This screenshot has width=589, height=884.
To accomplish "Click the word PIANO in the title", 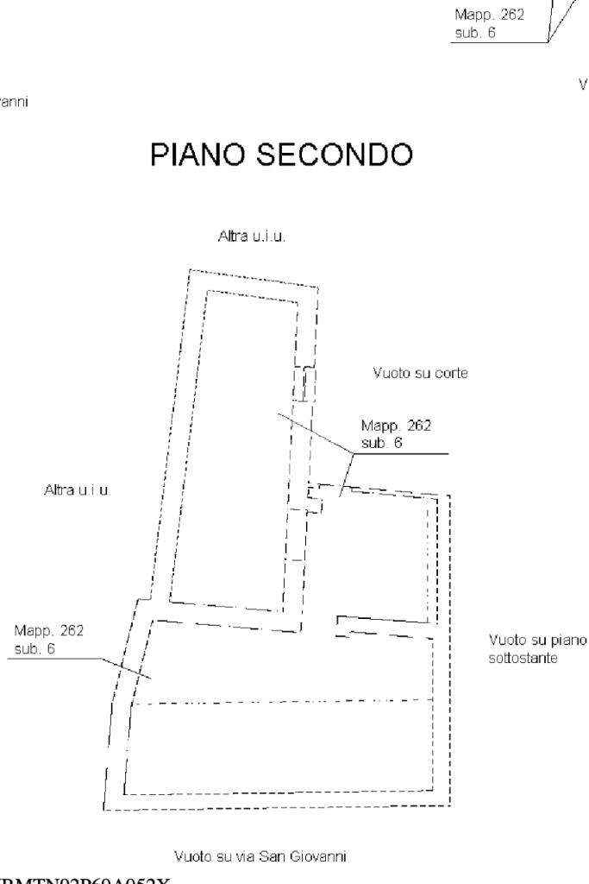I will tap(199, 155).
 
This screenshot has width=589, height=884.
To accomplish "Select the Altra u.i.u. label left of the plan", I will tap(78, 490).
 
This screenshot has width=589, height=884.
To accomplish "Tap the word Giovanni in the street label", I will tap(322, 857).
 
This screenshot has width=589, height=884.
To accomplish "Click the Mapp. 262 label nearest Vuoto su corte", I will tap(396, 426).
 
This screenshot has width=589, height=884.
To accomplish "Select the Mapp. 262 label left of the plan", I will tap(49, 631).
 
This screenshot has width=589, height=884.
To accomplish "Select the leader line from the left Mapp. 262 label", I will tap(121, 667).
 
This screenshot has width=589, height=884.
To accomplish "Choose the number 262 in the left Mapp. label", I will tap(71, 631).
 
